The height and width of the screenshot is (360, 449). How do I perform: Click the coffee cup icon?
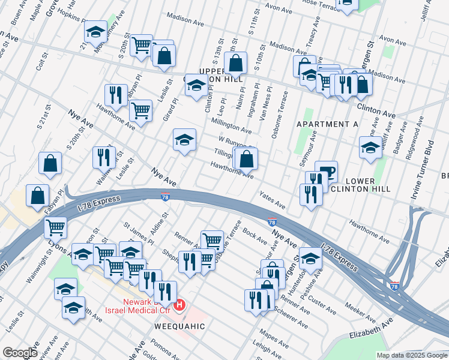[326, 172]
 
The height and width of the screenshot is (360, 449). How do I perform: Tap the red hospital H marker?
[178, 307]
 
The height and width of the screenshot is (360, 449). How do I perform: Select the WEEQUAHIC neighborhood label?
[180, 326]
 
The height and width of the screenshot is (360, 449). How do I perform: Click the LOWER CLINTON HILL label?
[360, 185]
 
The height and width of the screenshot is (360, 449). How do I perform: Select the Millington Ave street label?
[231, 125]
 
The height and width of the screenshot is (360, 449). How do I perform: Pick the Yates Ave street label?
[271, 199]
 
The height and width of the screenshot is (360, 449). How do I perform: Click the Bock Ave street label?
[255, 236]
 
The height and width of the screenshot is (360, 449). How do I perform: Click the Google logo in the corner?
[19, 353]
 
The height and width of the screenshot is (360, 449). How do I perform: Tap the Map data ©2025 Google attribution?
[412, 355]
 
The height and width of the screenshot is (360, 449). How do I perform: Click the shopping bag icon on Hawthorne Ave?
[246, 159]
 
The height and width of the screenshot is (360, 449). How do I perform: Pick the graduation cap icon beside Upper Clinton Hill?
[196, 86]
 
